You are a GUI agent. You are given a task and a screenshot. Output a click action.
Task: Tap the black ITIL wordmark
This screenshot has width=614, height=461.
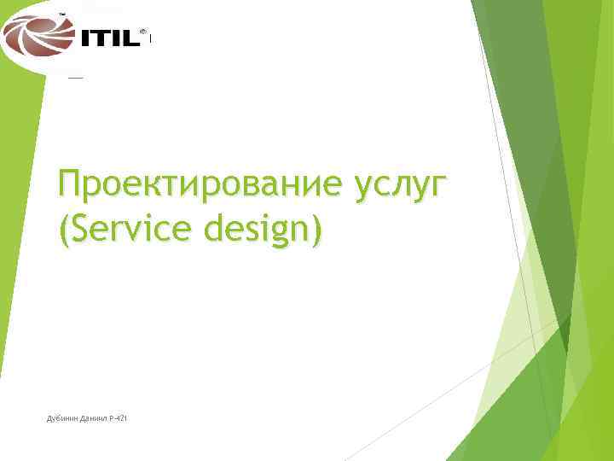(108, 38)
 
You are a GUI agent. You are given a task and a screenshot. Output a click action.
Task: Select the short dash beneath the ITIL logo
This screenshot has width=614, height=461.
(75, 77)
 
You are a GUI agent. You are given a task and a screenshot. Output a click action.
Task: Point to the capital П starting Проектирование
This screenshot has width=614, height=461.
(69, 183)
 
